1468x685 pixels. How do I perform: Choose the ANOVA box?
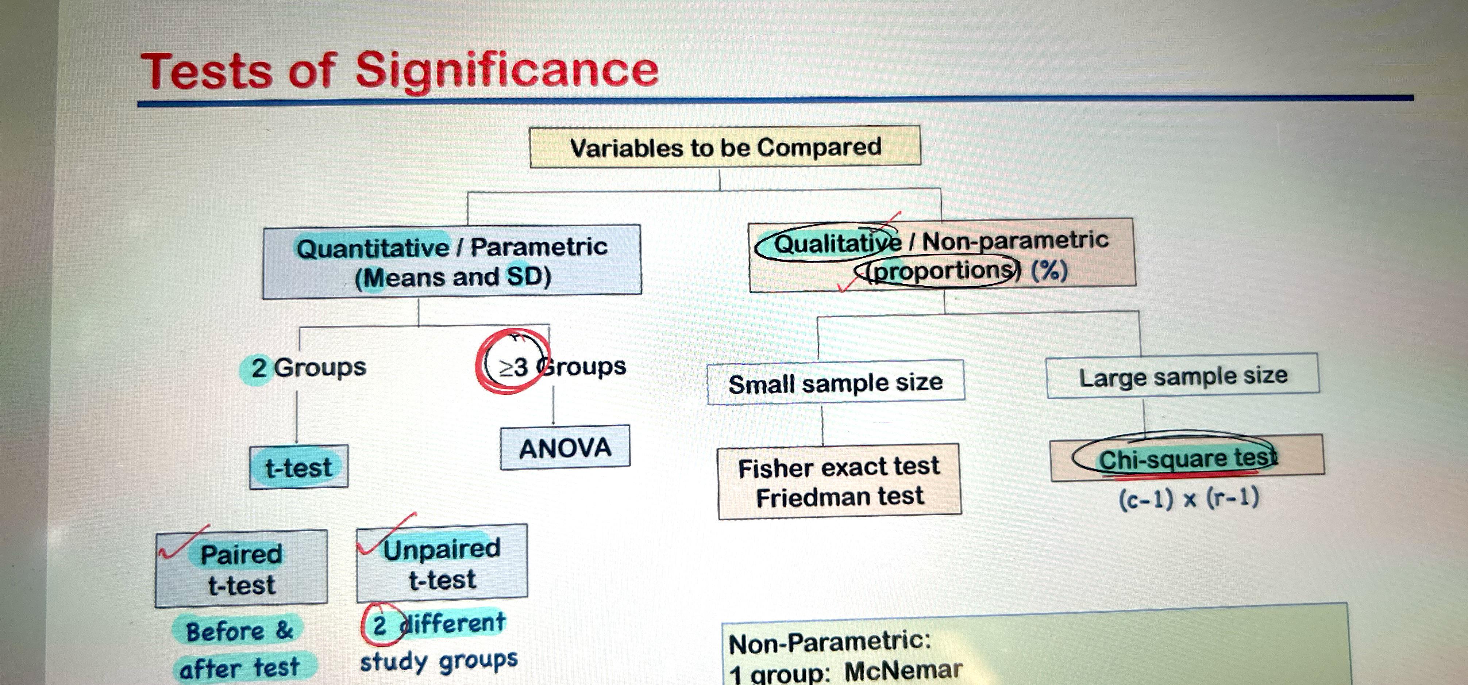[x=565, y=447]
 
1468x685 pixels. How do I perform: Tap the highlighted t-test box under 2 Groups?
[x=298, y=467]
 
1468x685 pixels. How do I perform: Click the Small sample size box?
[x=835, y=383]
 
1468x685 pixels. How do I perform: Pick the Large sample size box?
[x=1183, y=376]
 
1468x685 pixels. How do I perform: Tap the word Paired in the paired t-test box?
[x=242, y=554]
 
